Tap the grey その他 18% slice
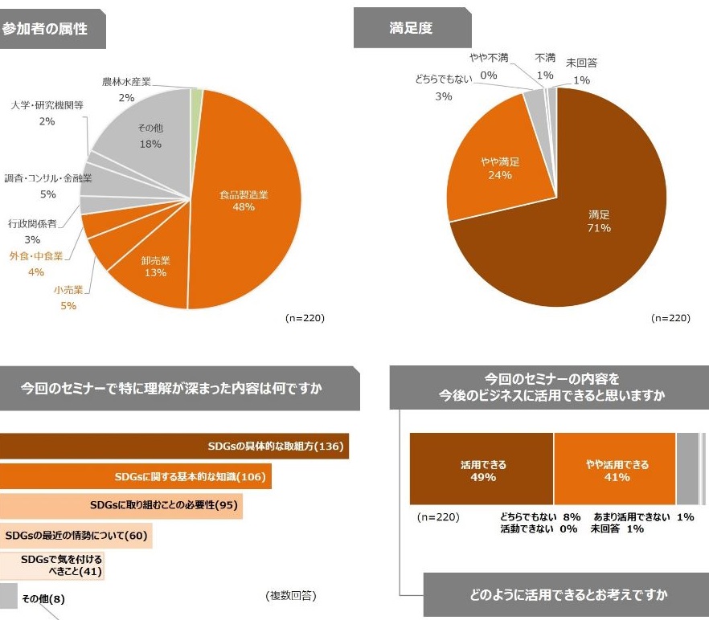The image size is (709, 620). tap(150, 137)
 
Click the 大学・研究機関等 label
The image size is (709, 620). tap(47, 105)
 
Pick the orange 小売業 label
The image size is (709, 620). tap(68, 289)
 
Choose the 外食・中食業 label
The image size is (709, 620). tap(36, 256)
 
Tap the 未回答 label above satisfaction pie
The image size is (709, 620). tap(581, 63)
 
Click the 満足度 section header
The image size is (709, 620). tap(412, 28)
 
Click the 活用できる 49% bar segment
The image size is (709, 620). tap(482, 469)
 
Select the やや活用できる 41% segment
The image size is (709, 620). tap(615, 469)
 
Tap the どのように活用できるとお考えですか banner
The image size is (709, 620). tap(566, 594)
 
